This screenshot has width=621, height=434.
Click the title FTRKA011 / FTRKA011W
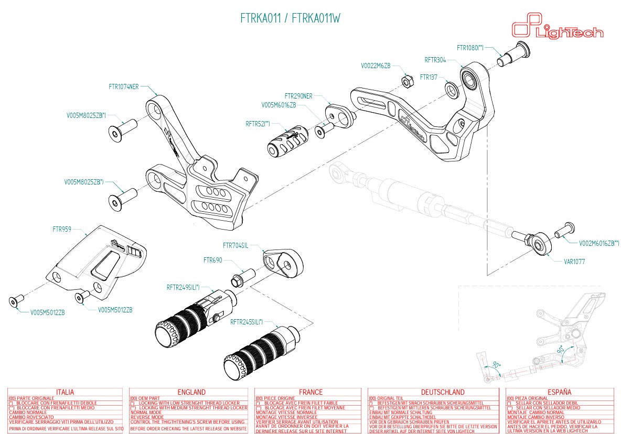pyautogui.click(x=290, y=18)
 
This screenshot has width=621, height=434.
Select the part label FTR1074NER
pyautogui.click(x=124, y=86)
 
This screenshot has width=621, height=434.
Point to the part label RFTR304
pyautogui.click(x=435, y=60)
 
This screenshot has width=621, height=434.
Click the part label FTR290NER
pyautogui.click(x=298, y=96)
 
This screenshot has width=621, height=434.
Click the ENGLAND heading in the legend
pyautogui.click(x=191, y=392)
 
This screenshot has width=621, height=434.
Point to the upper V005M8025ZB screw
pyautogui.click(x=122, y=129)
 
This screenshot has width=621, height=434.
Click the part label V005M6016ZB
pyautogui.click(x=279, y=105)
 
